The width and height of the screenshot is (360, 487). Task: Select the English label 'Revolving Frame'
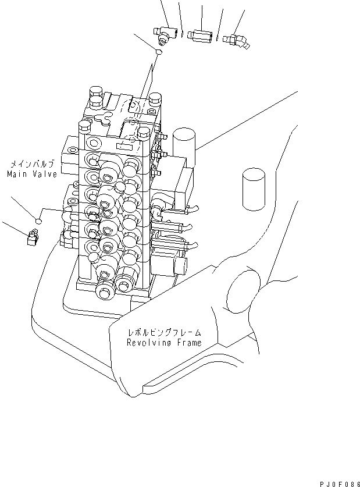point(165,343)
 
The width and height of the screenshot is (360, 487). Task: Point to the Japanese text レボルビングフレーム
point(165,333)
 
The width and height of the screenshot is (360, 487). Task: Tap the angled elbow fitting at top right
point(238,38)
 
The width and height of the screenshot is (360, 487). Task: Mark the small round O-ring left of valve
point(38,221)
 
